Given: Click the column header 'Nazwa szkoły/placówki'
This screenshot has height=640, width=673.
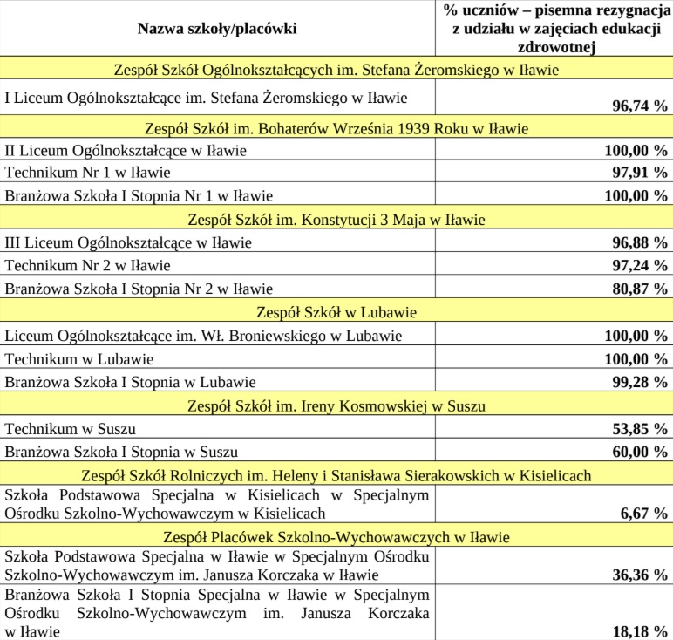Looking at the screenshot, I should [217, 29].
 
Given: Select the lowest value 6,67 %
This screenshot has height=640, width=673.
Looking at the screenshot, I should [643, 514].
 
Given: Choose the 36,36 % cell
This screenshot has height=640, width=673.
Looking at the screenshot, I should [639, 575].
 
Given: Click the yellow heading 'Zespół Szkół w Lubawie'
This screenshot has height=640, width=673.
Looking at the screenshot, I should [336, 312].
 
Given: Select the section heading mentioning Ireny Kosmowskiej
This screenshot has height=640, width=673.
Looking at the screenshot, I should [336, 405].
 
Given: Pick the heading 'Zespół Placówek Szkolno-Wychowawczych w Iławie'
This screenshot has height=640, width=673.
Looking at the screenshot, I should [336, 537].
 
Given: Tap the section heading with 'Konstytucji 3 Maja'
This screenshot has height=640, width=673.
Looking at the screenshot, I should [336, 219].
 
